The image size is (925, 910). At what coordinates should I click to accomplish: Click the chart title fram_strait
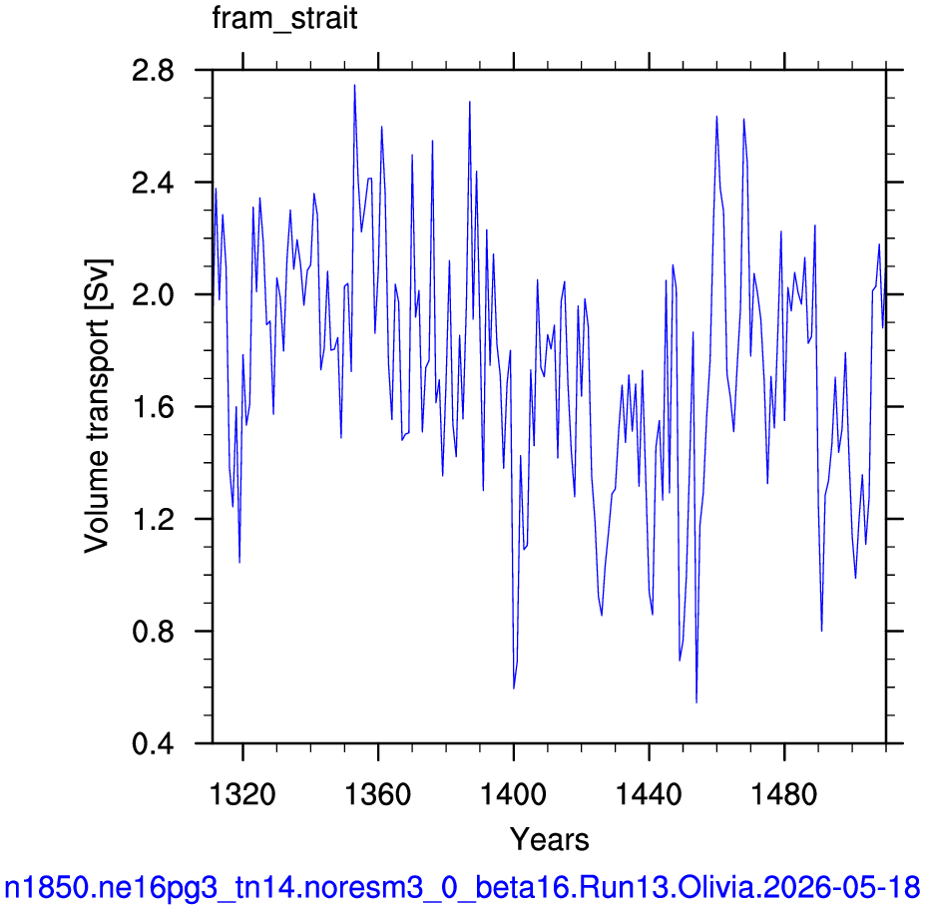284,19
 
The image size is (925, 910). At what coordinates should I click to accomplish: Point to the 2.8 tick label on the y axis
153,71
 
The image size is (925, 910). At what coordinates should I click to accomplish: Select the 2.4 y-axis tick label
153,183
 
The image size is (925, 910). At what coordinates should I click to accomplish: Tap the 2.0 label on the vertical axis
153,295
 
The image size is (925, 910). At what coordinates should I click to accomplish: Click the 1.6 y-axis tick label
153,407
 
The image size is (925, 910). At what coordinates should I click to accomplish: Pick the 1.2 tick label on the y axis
153,519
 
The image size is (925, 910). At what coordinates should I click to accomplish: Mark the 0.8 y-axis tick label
153,632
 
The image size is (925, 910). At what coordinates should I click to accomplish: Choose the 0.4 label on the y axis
153,743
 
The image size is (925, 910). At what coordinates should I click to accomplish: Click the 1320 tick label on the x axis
242,794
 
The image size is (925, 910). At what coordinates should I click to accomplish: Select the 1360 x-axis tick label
377,794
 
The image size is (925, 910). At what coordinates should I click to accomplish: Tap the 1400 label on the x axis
513,794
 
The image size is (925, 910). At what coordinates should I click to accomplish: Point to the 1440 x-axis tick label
649,794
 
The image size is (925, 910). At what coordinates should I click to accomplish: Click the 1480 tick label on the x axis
784,794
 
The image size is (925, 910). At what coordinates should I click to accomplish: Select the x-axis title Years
549,839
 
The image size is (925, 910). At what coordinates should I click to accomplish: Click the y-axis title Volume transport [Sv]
98,406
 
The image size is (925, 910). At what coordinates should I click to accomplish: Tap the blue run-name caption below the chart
462,887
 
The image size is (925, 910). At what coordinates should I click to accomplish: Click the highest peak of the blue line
354,85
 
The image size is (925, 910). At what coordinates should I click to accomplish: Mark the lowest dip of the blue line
696,702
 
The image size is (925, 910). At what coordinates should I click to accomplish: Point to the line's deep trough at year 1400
514,688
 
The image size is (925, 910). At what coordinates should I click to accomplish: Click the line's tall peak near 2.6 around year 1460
716,116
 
